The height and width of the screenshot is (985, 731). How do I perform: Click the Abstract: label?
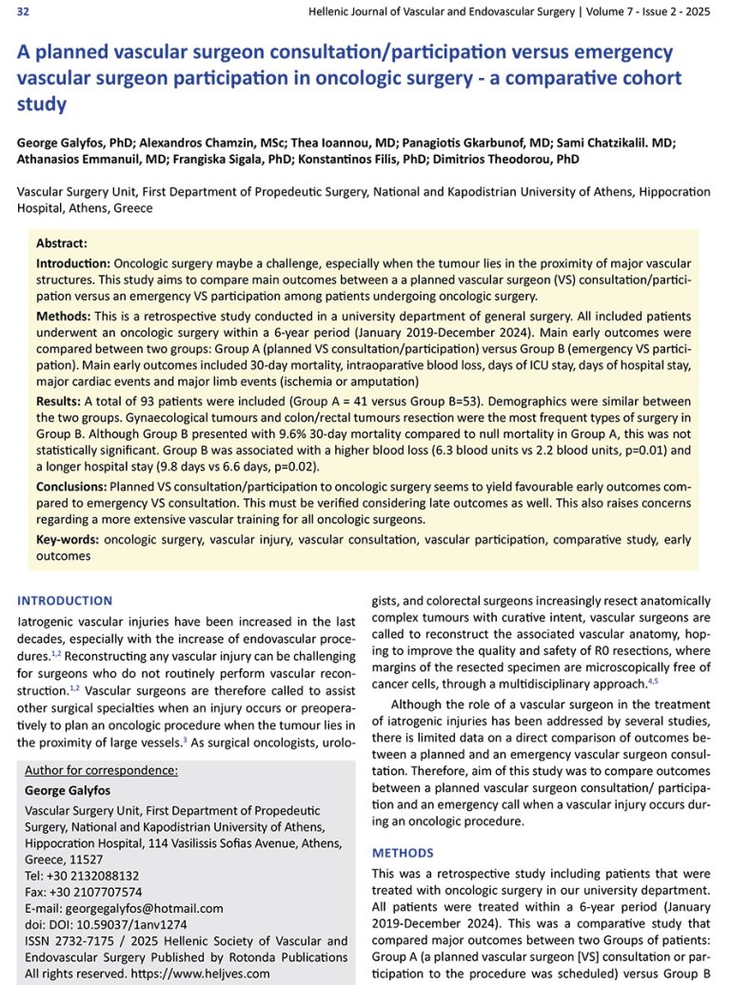(62, 242)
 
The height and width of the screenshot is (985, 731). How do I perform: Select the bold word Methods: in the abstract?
(65, 316)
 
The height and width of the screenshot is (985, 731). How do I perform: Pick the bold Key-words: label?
(68, 539)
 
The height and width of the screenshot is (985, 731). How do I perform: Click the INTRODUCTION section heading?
(65, 601)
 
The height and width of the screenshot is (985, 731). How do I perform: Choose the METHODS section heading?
(403, 853)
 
